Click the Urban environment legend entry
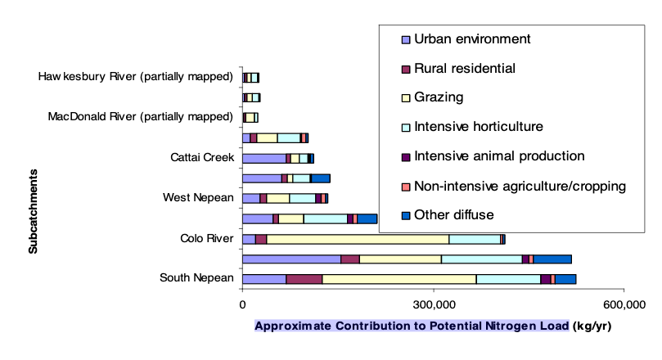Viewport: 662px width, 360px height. [x=466, y=39]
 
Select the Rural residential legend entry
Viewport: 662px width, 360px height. [x=458, y=69]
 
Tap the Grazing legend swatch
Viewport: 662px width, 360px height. [x=406, y=98]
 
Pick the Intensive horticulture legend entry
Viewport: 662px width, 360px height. [x=472, y=127]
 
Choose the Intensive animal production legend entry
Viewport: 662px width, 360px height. [x=493, y=156]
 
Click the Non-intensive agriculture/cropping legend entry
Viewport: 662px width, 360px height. [x=513, y=186]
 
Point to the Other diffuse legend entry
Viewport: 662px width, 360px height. [x=448, y=215]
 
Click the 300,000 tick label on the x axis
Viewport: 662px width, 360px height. [x=434, y=304]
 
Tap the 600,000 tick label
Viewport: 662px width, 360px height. [x=624, y=304]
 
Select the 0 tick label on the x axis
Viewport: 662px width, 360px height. [x=242, y=304]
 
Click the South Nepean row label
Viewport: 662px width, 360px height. [x=196, y=277]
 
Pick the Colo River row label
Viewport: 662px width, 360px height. [x=206, y=238]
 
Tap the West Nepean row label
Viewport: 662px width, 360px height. [x=198, y=197]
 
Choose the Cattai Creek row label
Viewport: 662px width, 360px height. [x=202, y=157]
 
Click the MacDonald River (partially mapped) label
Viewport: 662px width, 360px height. [x=140, y=116]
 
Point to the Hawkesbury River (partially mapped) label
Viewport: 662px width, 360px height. [x=136, y=76]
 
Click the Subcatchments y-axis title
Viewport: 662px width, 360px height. [x=33, y=211]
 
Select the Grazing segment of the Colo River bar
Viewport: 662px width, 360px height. [x=358, y=239]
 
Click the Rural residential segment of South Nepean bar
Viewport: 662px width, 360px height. [x=304, y=279]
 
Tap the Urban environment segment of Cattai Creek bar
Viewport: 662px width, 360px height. [x=264, y=158]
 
